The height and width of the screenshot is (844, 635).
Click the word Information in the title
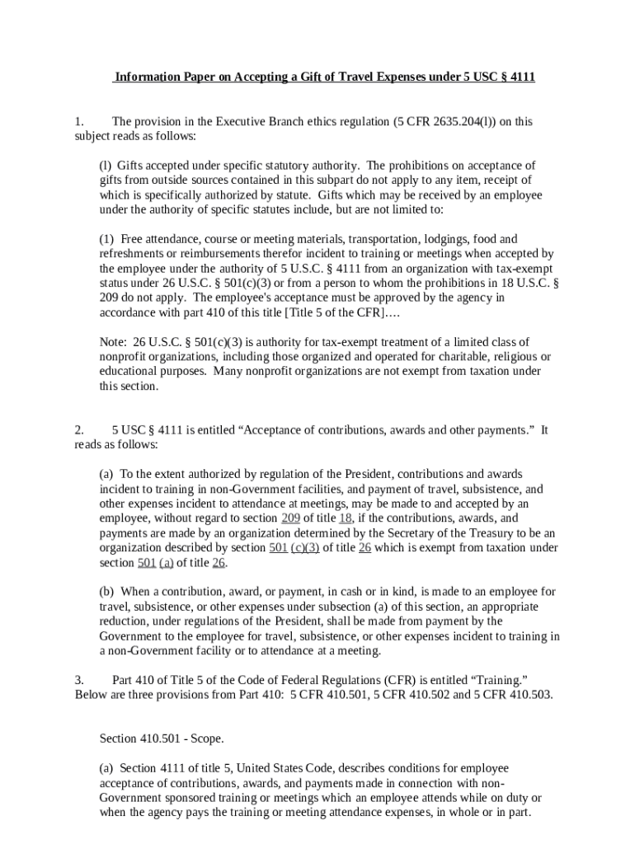pos(145,77)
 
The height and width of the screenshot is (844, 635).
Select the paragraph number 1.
pos(78,122)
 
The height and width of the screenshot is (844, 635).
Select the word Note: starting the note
pos(114,342)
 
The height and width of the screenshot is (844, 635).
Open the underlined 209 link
pos(290,518)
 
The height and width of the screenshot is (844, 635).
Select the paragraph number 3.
pos(78,680)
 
